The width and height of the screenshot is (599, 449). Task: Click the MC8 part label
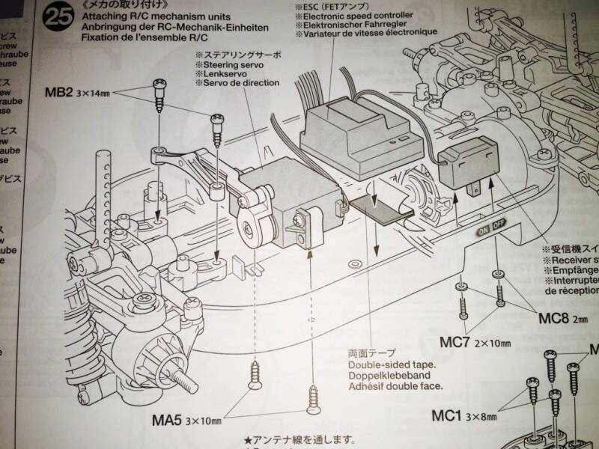click(555, 318)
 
